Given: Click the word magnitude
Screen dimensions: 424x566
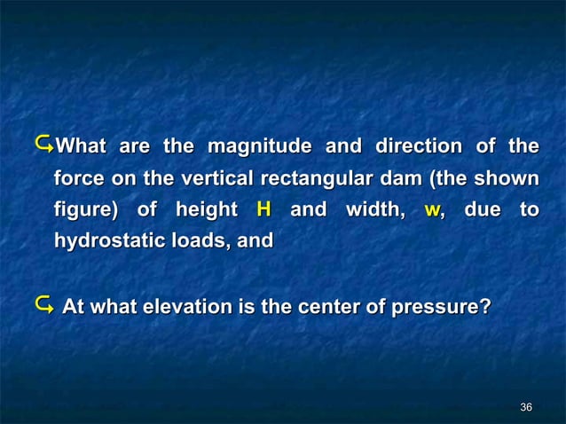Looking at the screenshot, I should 258,145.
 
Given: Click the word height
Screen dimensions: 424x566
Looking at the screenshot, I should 206,209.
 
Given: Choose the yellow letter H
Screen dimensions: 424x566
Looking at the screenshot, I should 263,209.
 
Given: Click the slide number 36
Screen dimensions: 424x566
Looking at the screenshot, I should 526,407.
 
